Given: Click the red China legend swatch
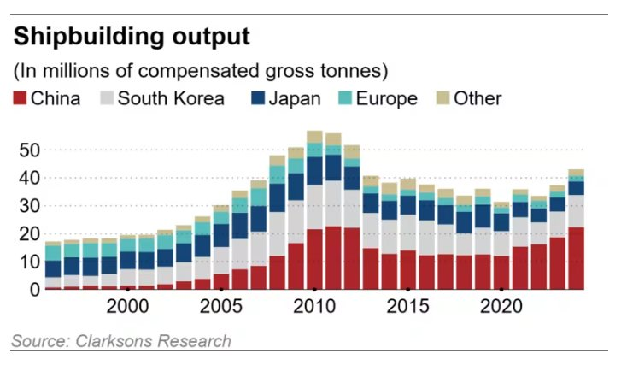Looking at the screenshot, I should coord(20,98).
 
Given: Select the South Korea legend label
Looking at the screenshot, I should coord(171,98).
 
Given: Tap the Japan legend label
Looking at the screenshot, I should coord(295,98).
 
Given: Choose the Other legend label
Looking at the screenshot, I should coord(478,98).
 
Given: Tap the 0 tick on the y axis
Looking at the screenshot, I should coord(34,289).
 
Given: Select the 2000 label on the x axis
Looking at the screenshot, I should coord(127,307).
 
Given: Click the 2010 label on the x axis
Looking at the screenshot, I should coord(315,307).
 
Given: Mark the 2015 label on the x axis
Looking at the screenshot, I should coord(408,307).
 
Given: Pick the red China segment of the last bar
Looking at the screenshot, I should coord(577,257).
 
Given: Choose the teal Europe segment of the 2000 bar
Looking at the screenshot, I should coord(127,244).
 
